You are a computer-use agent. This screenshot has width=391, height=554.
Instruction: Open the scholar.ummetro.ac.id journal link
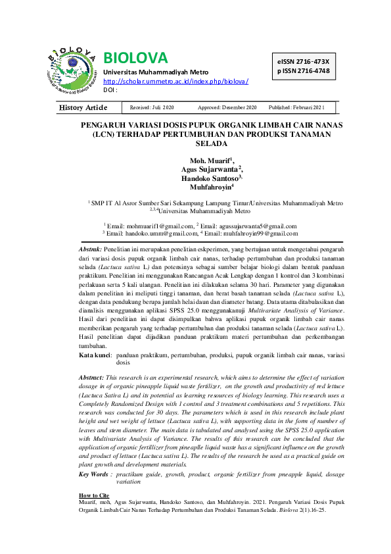pyautogui.click(x=176, y=81)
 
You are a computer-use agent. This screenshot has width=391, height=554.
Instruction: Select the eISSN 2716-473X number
pyautogui.click(x=303, y=61)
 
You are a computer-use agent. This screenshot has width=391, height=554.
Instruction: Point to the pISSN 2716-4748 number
pyautogui.click(x=303, y=70)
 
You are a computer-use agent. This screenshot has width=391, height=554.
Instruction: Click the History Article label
pyautogui.click(x=83, y=107)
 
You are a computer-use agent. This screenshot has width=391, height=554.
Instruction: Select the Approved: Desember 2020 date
pyautogui.click(x=227, y=107)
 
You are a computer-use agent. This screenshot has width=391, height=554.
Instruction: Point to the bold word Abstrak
pyautogui.click(x=90, y=250)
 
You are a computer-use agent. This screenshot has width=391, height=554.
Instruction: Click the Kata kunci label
pyautogui.click(x=94, y=355)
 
